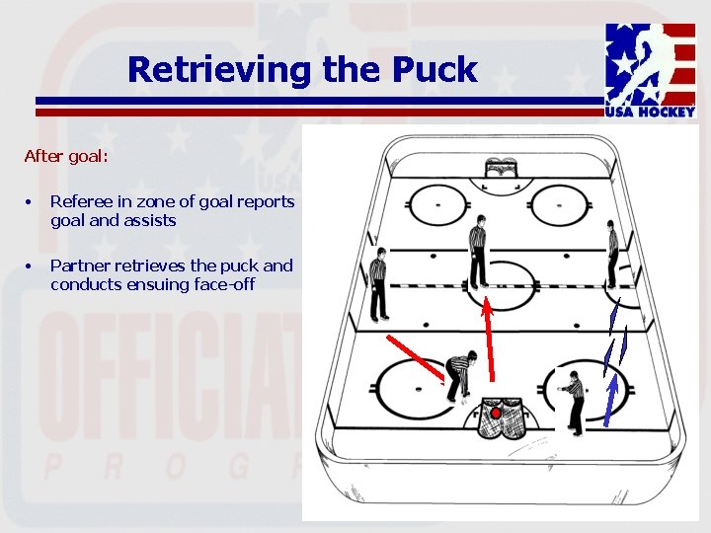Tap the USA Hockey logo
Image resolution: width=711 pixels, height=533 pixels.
pyautogui.click(x=651, y=70)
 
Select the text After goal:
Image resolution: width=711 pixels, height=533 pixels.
pyautogui.click(x=66, y=156)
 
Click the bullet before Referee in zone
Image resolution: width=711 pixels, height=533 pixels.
pyautogui.click(x=30, y=202)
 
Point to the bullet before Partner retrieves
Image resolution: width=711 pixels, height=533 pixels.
pyautogui.click(x=30, y=266)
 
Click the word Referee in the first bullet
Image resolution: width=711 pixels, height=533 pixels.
pyautogui.click(x=79, y=201)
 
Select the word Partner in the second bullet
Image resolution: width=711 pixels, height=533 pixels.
pyautogui.click(x=80, y=266)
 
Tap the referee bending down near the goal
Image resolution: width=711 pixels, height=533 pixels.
pyautogui.click(x=459, y=376)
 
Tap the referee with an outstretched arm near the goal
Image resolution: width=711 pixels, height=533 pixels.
pyautogui.click(x=572, y=399)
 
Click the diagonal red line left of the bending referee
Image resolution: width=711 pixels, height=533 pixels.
pyautogui.click(x=415, y=356)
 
